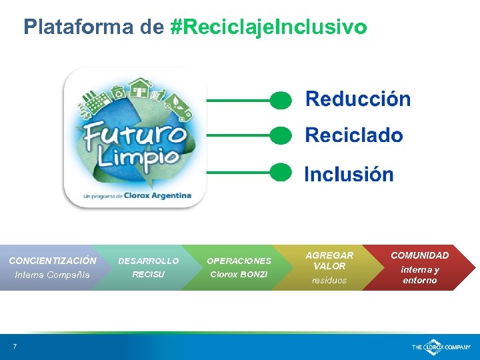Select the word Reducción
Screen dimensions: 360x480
(x=357, y=99)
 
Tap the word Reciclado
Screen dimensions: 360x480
(x=353, y=135)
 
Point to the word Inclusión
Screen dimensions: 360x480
(x=349, y=175)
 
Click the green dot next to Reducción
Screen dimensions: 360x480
(x=281, y=100)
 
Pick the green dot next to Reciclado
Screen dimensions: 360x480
(x=281, y=135)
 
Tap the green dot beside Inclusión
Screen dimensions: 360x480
(x=281, y=172)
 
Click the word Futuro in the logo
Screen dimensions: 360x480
(x=135, y=136)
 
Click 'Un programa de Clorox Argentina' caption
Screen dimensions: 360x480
(x=137, y=196)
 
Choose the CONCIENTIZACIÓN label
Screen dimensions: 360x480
(x=53, y=261)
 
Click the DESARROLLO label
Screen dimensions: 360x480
(x=148, y=261)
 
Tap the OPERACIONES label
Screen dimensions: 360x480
(x=239, y=261)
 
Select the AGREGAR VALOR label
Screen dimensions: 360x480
(x=329, y=261)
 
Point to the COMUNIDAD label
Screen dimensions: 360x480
(x=419, y=255)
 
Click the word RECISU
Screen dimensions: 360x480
(x=148, y=275)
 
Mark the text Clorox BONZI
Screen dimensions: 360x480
(x=239, y=275)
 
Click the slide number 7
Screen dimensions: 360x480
(x=13, y=345)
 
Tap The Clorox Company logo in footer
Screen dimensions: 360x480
(x=441, y=347)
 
